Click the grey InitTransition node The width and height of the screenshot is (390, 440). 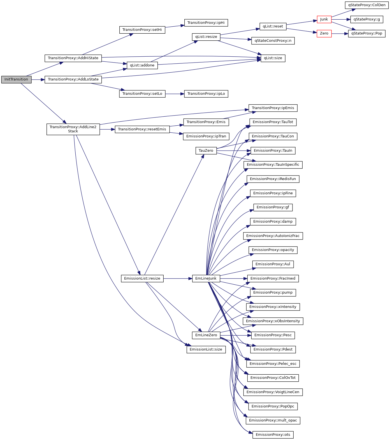pyautogui.click(x=16, y=79)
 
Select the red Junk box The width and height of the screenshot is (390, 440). pyautogui.click(x=324, y=19)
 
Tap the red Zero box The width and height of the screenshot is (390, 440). pyautogui.click(x=324, y=33)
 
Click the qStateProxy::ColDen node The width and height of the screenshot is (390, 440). pyautogui.click(x=366, y=5)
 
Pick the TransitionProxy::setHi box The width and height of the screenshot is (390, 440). pyautogui.click(x=142, y=30)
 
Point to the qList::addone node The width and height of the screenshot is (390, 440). pyautogui.click(x=142, y=65)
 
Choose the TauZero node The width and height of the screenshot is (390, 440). pyautogui.click(x=206, y=151)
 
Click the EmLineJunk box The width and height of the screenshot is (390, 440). pyautogui.click(x=206, y=278)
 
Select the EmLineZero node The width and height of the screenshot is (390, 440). pyautogui.click(x=206, y=335)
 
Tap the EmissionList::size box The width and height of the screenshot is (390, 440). pyautogui.click(x=206, y=349)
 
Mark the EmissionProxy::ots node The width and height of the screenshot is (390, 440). pyautogui.click(x=273, y=435)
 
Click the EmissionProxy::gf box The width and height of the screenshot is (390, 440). pyautogui.click(x=273, y=207)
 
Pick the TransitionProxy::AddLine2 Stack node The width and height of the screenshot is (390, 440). pyautogui.click(x=73, y=129)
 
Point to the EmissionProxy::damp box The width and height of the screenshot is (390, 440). pyautogui.click(x=273, y=222)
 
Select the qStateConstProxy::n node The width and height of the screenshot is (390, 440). pyautogui.click(x=273, y=41)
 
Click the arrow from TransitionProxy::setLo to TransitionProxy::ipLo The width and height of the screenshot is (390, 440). pyautogui.click(x=175, y=94)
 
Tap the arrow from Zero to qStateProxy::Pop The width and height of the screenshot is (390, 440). pyautogui.click(x=340, y=34)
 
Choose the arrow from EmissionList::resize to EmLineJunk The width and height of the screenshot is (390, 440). pyautogui.click(x=178, y=278)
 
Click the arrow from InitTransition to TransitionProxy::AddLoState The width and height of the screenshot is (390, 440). pyautogui.click(x=38, y=80)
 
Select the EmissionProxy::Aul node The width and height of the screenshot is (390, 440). pyautogui.click(x=273, y=264)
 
